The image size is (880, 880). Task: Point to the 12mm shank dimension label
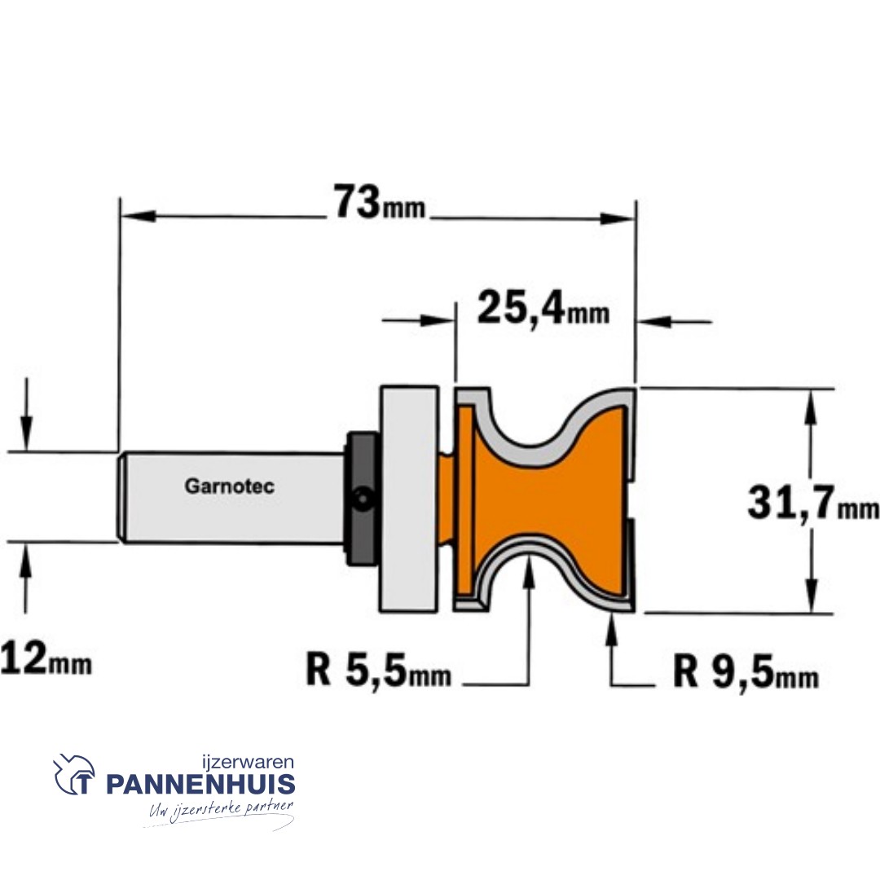click(x=46, y=658)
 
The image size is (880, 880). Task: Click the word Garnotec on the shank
click(x=229, y=487)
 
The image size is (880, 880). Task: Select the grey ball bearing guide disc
click(x=407, y=498)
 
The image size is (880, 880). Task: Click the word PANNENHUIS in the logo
click(x=200, y=785)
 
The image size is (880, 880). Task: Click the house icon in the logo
click(x=74, y=774)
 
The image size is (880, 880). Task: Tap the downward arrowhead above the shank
click(x=27, y=429)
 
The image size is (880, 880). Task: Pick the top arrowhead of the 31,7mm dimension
click(x=810, y=406)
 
